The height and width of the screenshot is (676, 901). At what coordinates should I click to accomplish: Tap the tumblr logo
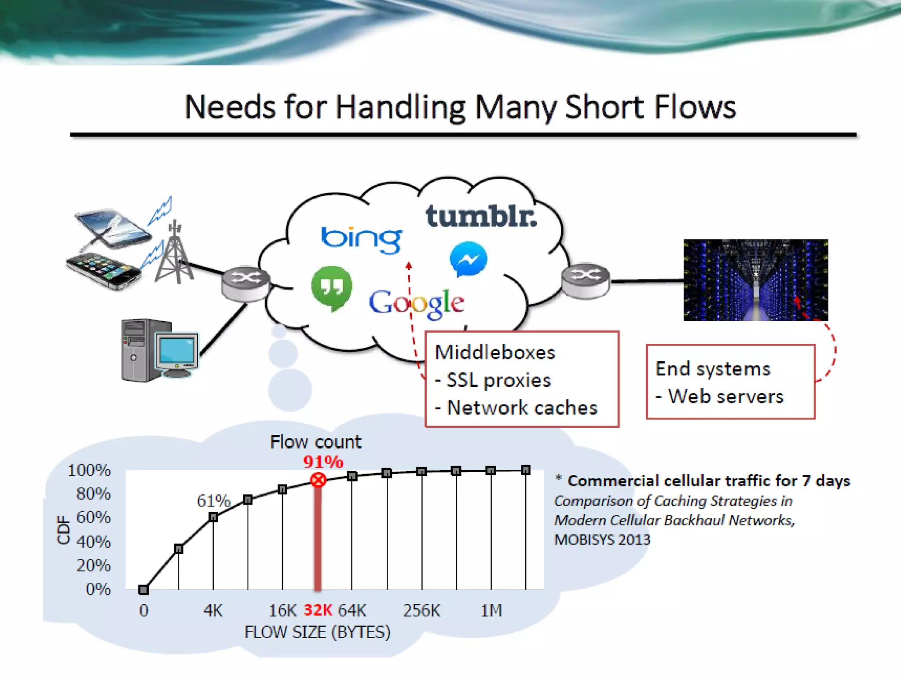481,216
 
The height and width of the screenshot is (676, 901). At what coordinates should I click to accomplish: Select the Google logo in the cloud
416,303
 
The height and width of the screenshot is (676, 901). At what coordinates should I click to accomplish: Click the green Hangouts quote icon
332,287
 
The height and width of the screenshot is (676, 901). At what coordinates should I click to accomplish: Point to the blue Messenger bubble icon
468,259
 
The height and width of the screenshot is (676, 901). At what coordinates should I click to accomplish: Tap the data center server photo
755,280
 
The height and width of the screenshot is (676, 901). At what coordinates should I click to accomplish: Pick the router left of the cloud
245,283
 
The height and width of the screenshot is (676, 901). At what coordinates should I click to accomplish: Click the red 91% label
323,462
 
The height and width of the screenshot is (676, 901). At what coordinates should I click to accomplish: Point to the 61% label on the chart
213,501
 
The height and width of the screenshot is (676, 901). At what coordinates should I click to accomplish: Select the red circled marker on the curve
318,480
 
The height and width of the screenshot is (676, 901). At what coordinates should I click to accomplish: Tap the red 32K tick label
318,610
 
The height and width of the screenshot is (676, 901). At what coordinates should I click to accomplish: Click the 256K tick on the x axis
421,610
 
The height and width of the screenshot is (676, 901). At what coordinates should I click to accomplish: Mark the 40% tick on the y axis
93,542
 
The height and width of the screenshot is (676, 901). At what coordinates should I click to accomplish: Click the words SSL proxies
498,380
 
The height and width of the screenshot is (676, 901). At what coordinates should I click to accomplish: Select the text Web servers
726,397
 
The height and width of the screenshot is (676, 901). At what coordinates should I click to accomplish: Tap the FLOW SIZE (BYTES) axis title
317,632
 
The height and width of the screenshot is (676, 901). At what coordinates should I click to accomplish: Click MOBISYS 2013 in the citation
602,540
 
